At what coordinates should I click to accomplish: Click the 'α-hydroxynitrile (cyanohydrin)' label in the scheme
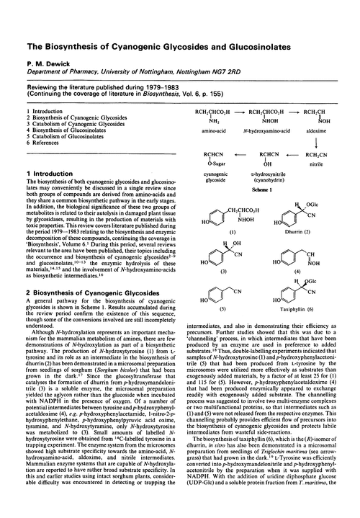(x=265, y=189)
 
